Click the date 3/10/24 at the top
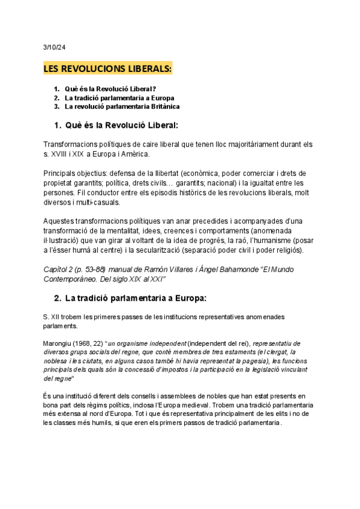(x=54, y=46)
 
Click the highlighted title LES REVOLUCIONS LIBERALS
(x=108, y=69)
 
